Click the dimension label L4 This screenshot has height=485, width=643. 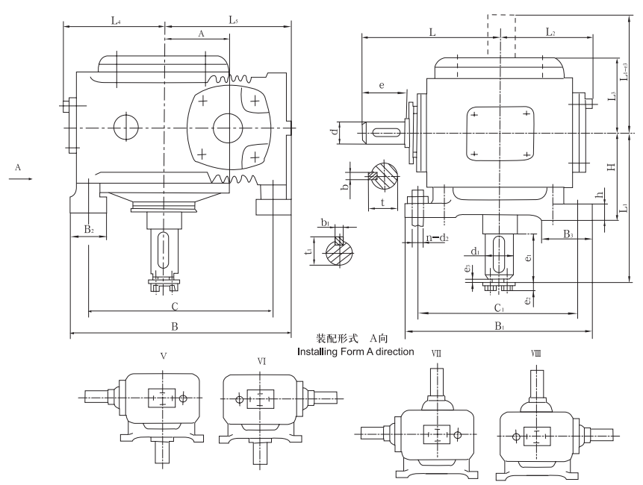click(116, 21)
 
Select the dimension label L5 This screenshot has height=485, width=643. click(233, 21)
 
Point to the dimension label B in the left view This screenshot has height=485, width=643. click(173, 326)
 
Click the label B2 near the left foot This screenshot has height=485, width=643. click(88, 229)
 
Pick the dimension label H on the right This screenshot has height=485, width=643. click(610, 166)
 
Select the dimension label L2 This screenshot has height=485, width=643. click(550, 32)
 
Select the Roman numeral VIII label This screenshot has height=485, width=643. click(535, 351)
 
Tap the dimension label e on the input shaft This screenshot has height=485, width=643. click(382, 87)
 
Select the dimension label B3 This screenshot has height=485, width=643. click(568, 235)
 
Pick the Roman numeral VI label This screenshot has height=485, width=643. click(261, 360)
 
